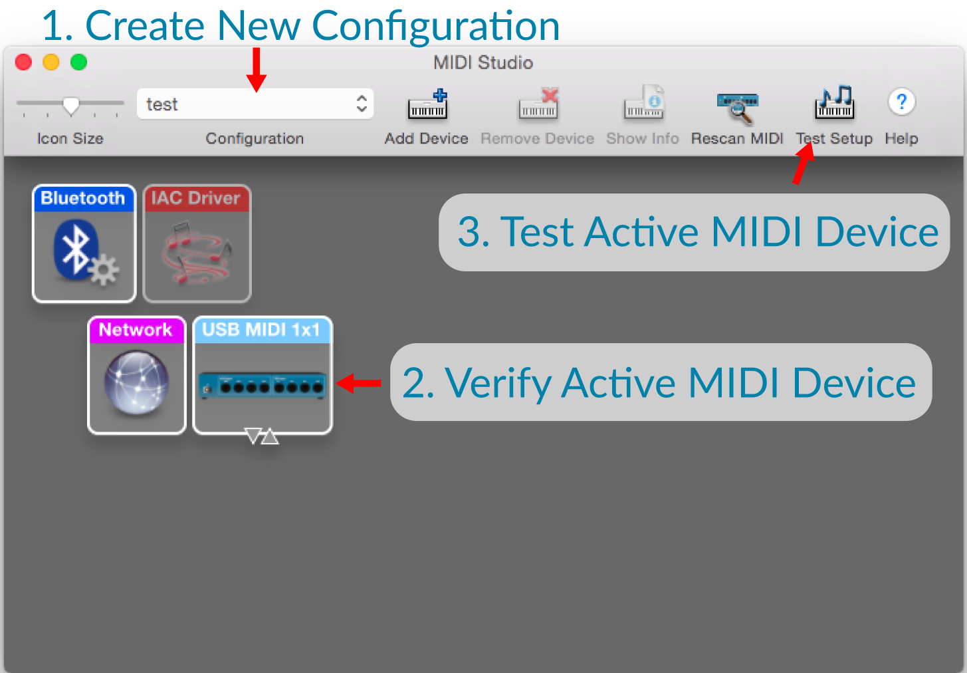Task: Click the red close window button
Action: coord(23,63)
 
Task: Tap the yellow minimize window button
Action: coord(51,63)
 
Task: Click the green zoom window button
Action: coord(78,63)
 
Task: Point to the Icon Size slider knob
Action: coord(71,106)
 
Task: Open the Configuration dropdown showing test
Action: coord(255,104)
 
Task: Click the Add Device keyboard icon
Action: coord(428,104)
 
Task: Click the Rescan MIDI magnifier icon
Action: coord(737,108)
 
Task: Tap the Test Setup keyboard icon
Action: coord(835,102)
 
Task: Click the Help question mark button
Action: coord(901,102)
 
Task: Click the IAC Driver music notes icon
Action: coord(197,253)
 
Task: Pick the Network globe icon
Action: coord(137,382)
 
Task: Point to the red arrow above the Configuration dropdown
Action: coord(257,70)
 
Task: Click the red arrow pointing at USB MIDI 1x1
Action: coord(358,383)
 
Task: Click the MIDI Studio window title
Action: coord(483,63)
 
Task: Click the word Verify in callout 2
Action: coord(498,383)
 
